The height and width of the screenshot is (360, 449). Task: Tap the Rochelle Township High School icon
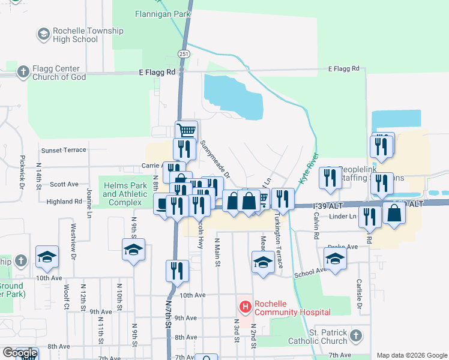pos(43,35)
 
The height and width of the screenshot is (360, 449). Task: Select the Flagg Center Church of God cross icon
pos(23,73)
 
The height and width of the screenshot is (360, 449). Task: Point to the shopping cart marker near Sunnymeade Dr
pos(187,130)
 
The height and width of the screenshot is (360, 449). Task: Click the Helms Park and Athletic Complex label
pos(125,194)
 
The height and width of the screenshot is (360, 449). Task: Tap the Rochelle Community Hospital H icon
pos(245,307)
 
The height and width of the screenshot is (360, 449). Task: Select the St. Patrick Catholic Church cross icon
pos(355,335)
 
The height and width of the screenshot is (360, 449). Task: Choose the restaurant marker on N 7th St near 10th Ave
pos(177,269)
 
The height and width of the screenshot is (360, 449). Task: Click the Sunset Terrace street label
pos(63,150)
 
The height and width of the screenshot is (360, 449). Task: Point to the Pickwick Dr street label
pos(22,170)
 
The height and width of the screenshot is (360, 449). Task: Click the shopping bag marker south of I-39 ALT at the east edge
pos(394,214)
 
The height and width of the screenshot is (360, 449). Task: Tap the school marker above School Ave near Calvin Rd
pos(335,257)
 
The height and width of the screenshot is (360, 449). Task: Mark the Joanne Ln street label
pos(89,203)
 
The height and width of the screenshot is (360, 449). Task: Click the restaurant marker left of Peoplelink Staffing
pos(330,178)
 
